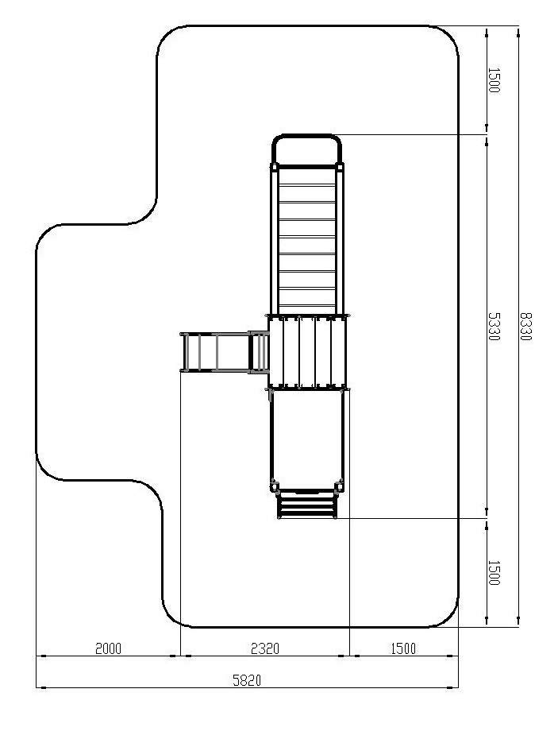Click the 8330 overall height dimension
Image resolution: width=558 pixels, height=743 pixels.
(x=525, y=327)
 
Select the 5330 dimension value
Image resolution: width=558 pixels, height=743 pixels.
(x=493, y=327)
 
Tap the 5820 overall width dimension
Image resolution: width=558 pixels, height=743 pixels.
(x=247, y=680)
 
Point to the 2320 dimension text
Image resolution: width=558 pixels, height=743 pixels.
(x=264, y=648)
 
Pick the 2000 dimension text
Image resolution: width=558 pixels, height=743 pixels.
(x=109, y=648)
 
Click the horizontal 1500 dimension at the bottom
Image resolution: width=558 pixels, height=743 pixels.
(x=403, y=648)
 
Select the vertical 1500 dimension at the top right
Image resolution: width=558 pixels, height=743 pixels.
(x=493, y=80)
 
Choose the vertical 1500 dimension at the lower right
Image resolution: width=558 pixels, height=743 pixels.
(x=493, y=572)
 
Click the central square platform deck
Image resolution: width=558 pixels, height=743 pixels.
(x=307, y=352)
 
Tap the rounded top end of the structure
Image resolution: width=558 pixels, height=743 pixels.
(x=306, y=136)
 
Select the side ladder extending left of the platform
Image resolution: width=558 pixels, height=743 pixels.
(x=224, y=352)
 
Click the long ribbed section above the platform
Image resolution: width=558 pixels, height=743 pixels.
(x=307, y=239)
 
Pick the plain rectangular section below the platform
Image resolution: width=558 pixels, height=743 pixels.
(x=307, y=439)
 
